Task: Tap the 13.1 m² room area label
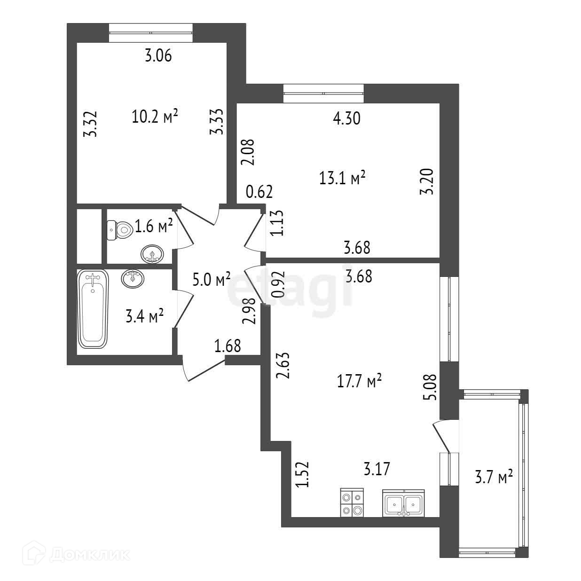point(342,178)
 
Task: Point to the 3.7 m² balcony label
point(492,478)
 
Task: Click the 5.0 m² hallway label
point(212,280)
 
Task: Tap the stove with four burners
point(352,502)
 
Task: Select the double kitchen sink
point(404,503)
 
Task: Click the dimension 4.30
point(346,118)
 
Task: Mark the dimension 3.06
point(158,56)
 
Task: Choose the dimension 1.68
point(228,347)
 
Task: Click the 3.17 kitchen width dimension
point(377,469)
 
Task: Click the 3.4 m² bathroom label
point(144,316)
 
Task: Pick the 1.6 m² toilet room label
point(154,227)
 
